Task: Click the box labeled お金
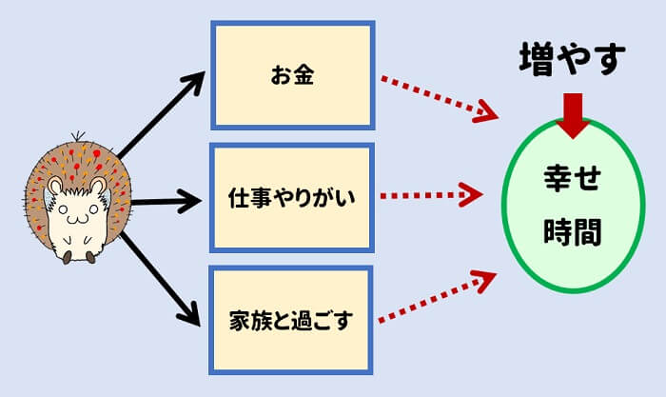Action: click(290, 74)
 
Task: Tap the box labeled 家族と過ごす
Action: click(291, 320)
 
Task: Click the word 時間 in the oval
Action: click(572, 231)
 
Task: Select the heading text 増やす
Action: click(573, 59)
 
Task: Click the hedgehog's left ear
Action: click(56, 185)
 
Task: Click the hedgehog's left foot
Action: click(64, 254)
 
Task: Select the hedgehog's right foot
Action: click(91, 255)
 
